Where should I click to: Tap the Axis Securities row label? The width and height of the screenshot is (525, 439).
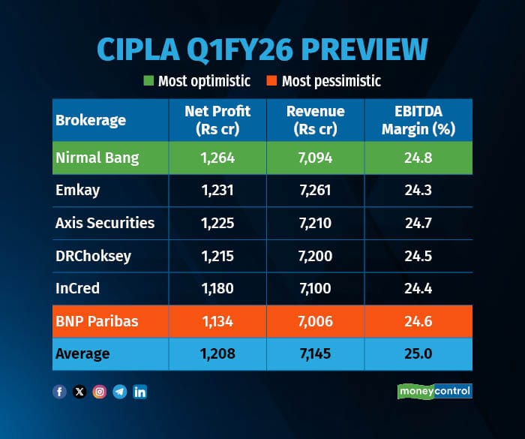105,223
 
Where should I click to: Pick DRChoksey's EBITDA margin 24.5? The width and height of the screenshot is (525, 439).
418,256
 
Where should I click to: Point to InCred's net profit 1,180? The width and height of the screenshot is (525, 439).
217,288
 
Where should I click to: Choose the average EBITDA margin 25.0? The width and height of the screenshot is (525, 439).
418,353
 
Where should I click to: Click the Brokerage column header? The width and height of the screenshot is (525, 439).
91,120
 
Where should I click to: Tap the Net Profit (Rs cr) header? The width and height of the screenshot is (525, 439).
217,119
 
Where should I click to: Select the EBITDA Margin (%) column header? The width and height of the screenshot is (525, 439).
418,119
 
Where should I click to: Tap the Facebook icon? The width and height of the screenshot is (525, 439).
60,392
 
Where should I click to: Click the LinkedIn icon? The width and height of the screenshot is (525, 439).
139,392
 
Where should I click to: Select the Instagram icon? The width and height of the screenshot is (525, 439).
100,392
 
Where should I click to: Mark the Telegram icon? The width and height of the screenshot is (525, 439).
119,392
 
